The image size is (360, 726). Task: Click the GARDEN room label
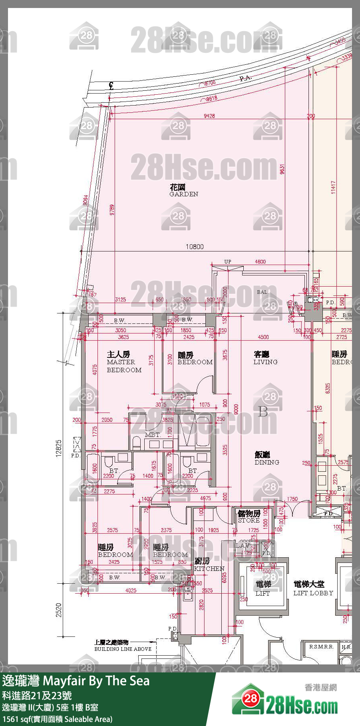pos(183,191)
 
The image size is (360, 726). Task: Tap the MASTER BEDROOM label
pos(124,362)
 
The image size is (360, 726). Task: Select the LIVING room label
pos(265,358)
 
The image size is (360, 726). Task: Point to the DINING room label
pos(267,459)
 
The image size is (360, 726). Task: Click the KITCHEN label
pos(209,565)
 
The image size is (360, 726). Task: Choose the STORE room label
pos(249,517)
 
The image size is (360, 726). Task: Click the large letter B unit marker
pos(263,411)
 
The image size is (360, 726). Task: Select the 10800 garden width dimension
pos(194,247)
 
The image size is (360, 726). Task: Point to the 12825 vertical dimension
pos(59,449)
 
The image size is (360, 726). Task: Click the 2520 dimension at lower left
pos(59,610)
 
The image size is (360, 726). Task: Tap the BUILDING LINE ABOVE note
pos(123,646)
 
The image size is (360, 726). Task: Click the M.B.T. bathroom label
pos(152,435)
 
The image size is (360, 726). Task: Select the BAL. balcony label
pos(263,292)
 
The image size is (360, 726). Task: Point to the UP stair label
pos(227,261)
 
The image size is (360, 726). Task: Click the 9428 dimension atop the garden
pos(209,116)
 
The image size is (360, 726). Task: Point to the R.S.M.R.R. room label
pos(321,646)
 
